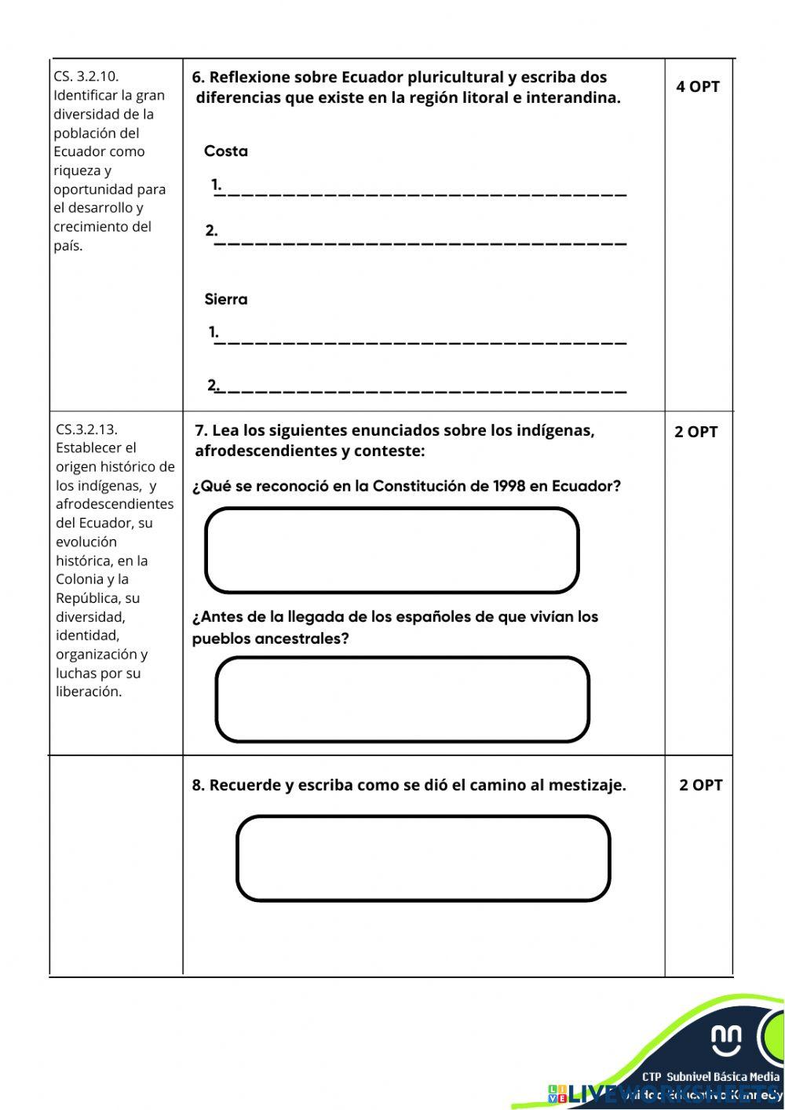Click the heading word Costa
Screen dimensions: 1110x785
pyautogui.click(x=225, y=152)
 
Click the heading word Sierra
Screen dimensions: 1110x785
pyautogui.click(x=225, y=299)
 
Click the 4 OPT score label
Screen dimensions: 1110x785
pyautogui.click(x=697, y=87)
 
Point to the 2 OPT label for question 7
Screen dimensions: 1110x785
pyautogui.click(x=696, y=432)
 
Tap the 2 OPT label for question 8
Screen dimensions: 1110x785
pyautogui.click(x=700, y=785)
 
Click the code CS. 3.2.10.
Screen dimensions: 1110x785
pyautogui.click(x=86, y=76)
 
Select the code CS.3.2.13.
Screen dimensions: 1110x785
pyautogui.click(x=86, y=429)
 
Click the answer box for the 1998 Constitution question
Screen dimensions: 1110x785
pyautogui.click(x=392, y=550)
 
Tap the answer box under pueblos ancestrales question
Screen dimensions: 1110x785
pyautogui.click(x=402, y=699)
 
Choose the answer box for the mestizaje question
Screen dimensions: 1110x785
pyautogui.click(x=423, y=858)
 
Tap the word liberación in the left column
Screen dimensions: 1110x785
pyautogui.click(x=89, y=692)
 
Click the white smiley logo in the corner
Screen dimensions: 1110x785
pyautogui.click(x=726, y=1039)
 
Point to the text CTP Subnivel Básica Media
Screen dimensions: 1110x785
pyautogui.click(x=710, y=1076)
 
